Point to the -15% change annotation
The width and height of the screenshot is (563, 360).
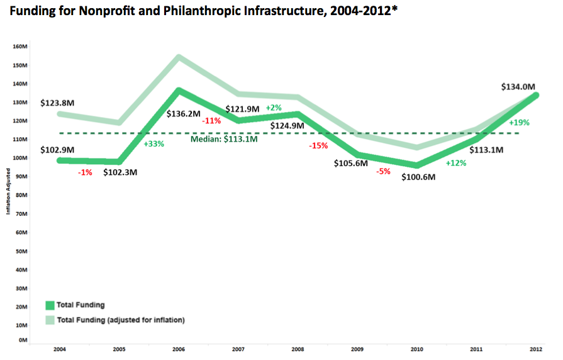pos(319,146)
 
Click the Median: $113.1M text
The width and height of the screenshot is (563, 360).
pos(224,139)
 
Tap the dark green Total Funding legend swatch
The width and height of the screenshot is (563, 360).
pos(50,305)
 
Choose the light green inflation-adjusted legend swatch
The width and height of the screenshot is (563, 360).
pos(50,320)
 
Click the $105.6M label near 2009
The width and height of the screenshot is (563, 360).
pos(352,164)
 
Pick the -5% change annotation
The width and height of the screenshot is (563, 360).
pos(382,170)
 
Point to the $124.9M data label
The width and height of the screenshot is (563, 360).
pos(287,126)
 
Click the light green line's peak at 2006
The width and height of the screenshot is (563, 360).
pos(178,57)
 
